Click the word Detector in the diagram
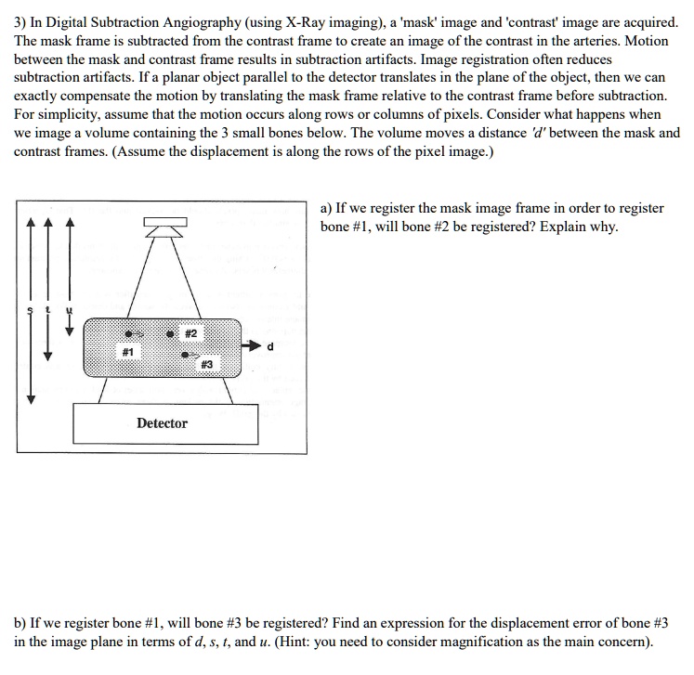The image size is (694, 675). click(162, 423)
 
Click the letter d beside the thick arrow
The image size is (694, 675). click(269, 347)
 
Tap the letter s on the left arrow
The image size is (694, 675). click(31, 309)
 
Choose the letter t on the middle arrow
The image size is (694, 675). click(49, 309)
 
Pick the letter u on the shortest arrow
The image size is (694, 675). click(67, 309)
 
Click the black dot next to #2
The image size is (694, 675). click(172, 332)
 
